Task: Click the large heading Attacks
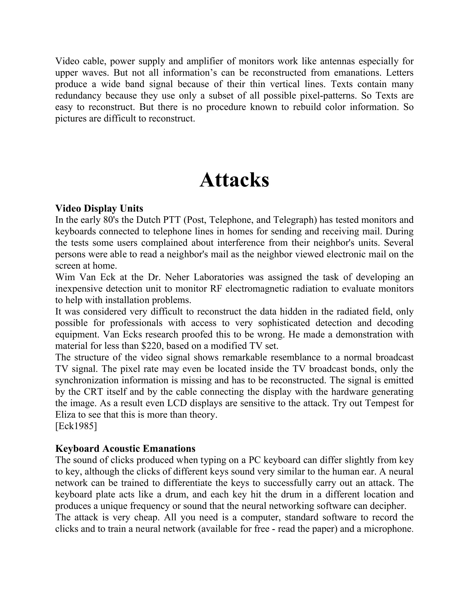[234, 180]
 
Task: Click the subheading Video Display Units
[99, 208]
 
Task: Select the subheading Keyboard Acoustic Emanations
[125, 448]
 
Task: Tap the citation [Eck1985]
[76, 426]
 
